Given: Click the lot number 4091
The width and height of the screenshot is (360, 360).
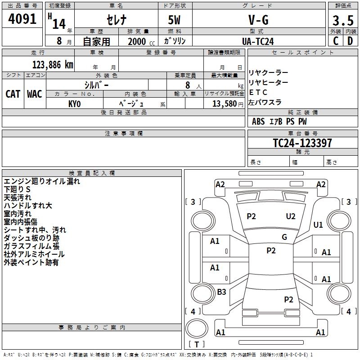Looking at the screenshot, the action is coord(22,20).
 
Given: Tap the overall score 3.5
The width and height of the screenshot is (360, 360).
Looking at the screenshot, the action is coord(343,21).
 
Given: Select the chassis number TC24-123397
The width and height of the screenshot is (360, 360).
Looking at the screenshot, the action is coord(302,143).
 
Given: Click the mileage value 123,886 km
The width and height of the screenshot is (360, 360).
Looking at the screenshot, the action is coord(53,65).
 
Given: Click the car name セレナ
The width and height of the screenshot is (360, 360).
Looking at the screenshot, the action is coord(116,21).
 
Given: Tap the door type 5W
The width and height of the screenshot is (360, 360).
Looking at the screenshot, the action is coord(175,21).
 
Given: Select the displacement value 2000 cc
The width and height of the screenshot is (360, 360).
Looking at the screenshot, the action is coord(140,41).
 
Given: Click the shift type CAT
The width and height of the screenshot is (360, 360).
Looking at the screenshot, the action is coord(13,94).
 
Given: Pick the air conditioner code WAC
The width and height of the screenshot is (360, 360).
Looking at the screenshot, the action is coord(34,94).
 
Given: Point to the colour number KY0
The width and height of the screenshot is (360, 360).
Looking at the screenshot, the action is coord(74,103).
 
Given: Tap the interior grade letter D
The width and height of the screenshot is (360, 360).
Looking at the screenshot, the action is coord(350,41).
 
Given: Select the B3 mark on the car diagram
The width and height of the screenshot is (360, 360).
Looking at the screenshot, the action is coord(221,292).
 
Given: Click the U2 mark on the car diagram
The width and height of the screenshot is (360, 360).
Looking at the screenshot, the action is coord(291,216).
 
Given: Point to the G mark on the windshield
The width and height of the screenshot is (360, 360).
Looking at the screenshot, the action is coord(284,237).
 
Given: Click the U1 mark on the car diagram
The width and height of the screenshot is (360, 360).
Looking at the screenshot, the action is coord(318,225).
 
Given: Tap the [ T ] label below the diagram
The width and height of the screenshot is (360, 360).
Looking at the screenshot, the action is coord(197,344).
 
